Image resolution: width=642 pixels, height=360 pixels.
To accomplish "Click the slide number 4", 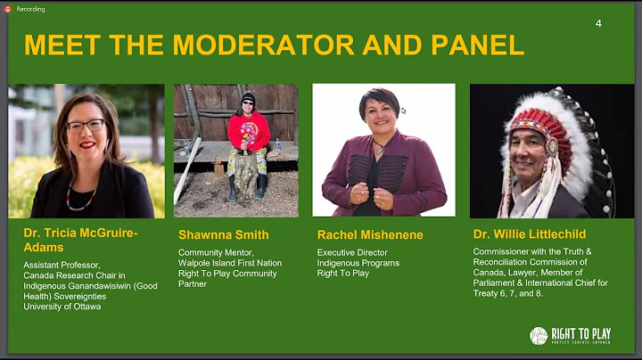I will pos(598,23).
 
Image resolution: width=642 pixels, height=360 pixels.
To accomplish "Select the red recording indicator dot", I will pos(9,9).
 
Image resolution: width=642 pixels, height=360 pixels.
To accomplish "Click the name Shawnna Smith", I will pos(223,235).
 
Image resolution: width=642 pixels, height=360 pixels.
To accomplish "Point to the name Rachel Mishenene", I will pos(369,235).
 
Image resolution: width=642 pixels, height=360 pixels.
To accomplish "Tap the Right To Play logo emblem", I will pos(539,336).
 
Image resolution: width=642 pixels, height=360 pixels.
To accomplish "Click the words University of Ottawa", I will pos(62,307).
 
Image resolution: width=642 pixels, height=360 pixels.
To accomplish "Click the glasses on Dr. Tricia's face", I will pos(86,126).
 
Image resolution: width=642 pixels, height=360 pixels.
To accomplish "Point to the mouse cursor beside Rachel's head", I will pos(403,111).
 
